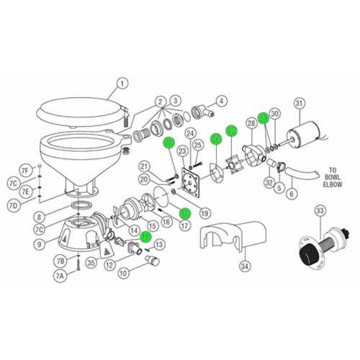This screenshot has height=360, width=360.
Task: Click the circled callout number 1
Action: [x=121, y=83]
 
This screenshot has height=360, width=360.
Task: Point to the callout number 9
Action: [x=42, y=244]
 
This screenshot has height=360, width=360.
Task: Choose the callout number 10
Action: [x=123, y=274]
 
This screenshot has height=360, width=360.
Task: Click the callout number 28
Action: [x=251, y=125]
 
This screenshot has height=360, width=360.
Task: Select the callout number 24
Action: [x=191, y=133]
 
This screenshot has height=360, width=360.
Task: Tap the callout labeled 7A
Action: [x=60, y=276]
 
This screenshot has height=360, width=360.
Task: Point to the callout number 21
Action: [x=143, y=166]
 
